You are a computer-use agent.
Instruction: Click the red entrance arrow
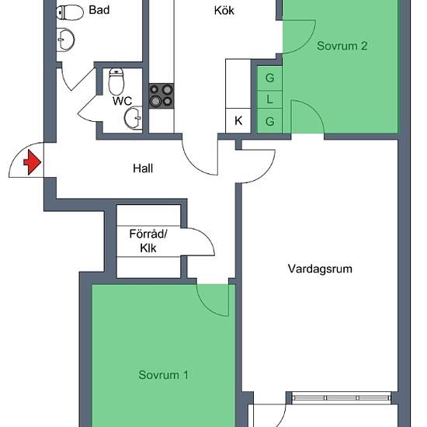click(x=33, y=162)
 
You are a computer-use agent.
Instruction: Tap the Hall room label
click(x=143, y=168)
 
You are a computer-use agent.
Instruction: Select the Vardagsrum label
click(x=320, y=269)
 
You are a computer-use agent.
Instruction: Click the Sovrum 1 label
click(x=163, y=375)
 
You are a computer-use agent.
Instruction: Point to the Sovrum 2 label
click(x=342, y=46)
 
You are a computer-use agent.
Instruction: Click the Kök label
click(x=224, y=10)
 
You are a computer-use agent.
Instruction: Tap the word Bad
click(x=99, y=10)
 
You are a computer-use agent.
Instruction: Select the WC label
click(x=122, y=101)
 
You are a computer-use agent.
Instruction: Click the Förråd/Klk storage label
click(x=148, y=241)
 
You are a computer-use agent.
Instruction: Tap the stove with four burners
click(x=161, y=95)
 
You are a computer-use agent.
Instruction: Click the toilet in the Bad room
click(x=70, y=12)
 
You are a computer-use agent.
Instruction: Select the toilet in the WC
click(x=116, y=81)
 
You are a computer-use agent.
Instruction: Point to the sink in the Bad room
click(x=65, y=40)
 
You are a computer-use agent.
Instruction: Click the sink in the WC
click(x=134, y=118)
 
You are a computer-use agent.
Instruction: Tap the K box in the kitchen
click(x=238, y=120)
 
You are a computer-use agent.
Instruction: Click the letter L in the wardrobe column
click(x=269, y=99)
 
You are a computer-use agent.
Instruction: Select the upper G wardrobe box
click(x=269, y=78)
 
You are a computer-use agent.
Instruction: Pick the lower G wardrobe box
click(x=269, y=121)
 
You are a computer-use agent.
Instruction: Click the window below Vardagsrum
click(x=342, y=397)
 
